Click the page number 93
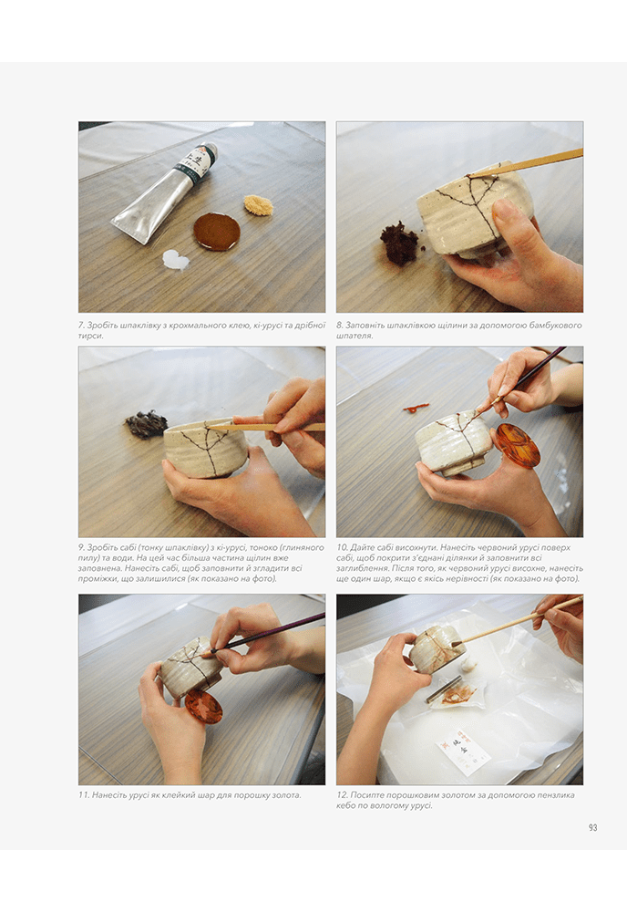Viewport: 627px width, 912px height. pos(592,827)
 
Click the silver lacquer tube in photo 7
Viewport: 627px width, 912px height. pos(164,192)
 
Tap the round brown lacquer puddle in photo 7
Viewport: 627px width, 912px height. pos(217,231)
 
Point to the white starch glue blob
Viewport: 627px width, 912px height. pos(176,260)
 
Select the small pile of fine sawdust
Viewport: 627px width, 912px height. pos(259,205)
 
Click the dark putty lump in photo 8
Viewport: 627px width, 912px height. pos(399,243)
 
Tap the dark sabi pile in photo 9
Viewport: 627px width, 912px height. pos(146,423)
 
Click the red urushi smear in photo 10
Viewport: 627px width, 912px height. pos(416,408)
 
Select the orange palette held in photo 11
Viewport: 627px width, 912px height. pos(204,707)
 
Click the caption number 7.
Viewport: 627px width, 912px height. pos(81,326)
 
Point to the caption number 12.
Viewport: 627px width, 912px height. pos(342,795)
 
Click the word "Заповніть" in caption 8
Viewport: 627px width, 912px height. pos(365,326)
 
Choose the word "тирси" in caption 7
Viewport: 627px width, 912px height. pos(90,336)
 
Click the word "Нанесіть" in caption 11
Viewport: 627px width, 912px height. pos(109,795)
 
